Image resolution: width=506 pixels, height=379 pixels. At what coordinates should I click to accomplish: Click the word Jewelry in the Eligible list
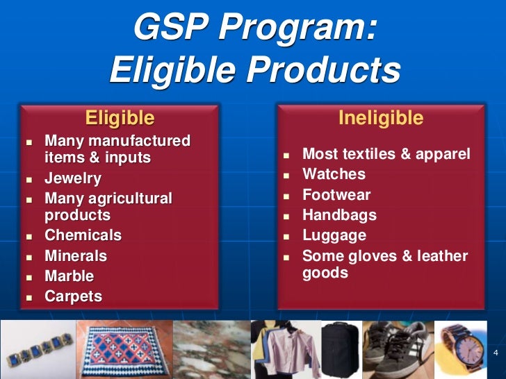point(73,178)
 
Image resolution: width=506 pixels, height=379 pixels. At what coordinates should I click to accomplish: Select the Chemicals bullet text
point(83,235)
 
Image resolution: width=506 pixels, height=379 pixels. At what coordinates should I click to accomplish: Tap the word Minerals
point(76,256)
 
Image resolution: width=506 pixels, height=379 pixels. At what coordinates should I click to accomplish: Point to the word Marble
point(69,276)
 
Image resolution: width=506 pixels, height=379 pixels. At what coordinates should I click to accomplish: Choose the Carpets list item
point(73,297)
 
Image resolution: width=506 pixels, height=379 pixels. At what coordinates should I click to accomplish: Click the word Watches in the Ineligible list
point(334,174)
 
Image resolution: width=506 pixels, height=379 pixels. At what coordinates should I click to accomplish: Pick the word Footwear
point(336,195)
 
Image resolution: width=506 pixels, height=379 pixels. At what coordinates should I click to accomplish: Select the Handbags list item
point(339,215)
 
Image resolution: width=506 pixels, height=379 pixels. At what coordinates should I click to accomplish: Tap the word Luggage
point(334,235)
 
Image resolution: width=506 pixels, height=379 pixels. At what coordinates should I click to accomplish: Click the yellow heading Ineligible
point(380,119)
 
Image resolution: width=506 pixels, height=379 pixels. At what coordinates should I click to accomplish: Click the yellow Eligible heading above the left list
point(120,117)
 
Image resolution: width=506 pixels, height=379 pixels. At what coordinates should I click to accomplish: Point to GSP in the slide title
point(170,30)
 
